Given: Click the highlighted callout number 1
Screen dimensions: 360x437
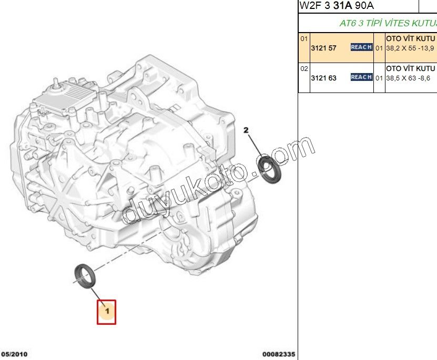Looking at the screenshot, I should click(x=106, y=312).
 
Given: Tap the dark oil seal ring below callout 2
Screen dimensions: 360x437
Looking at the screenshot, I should click(x=272, y=169).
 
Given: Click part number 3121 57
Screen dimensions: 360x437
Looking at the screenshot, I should click(x=323, y=47).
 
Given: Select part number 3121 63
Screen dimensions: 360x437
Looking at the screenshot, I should click(x=323, y=78).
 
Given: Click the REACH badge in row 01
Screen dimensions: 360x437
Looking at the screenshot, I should click(x=361, y=47).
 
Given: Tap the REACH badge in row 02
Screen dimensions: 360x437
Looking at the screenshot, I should click(x=361, y=77).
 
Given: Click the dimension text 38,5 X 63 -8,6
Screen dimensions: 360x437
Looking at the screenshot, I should click(x=408, y=78).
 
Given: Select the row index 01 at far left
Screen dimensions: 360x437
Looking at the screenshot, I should click(x=304, y=38).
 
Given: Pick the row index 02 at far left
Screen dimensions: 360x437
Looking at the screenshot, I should click(x=304, y=68).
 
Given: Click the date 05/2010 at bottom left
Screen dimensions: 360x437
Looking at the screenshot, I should click(x=15, y=355).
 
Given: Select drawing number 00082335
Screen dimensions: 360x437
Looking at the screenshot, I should click(x=279, y=355).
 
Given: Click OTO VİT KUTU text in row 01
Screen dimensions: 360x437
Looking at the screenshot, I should click(x=411, y=38).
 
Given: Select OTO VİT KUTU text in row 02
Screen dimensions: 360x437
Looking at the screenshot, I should click(x=411, y=68).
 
